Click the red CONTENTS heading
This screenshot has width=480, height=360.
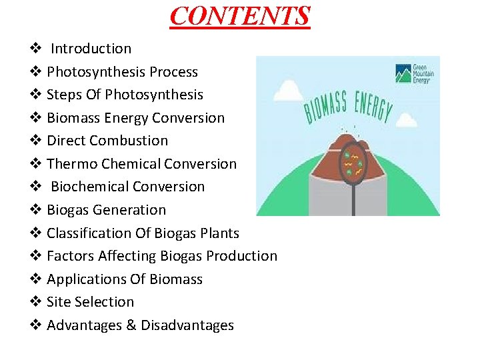[x=240, y=16]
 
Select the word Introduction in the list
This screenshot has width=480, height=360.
[x=91, y=49]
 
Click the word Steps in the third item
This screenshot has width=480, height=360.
[x=65, y=95]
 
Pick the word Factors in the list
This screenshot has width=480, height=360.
[x=70, y=256]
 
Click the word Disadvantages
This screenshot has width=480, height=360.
[x=187, y=325]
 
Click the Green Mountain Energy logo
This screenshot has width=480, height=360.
[x=414, y=73]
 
